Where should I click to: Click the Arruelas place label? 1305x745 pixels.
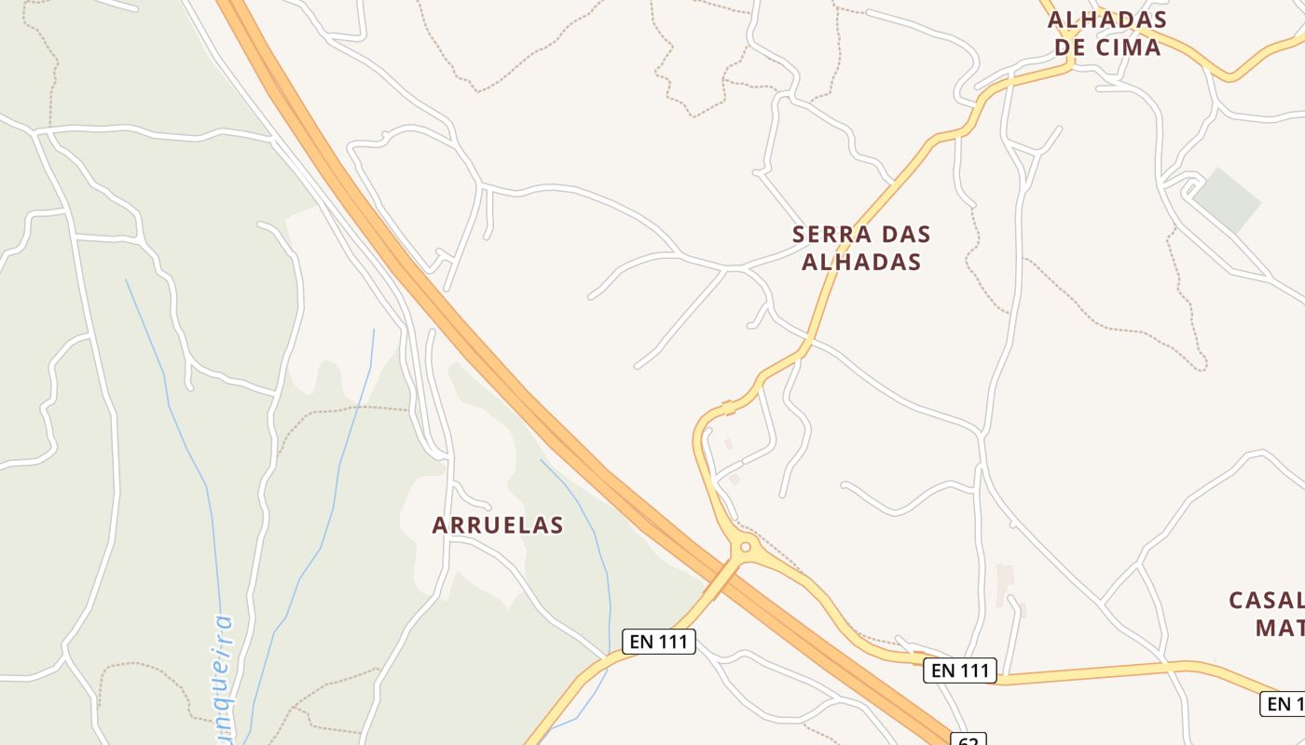click(498, 525)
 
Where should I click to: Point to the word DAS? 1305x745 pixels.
click(901, 234)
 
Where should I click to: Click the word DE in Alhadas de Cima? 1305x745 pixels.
click(1069, 47)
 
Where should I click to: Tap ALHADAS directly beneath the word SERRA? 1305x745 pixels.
click(861, 262)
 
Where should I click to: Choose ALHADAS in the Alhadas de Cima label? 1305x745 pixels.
click(1107, 20)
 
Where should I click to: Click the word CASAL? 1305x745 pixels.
click(1266, 600)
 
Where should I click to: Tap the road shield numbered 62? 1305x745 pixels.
click(968, 739)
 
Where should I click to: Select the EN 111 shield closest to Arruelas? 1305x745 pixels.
click(659, 641)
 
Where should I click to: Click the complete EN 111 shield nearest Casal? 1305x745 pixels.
click(960, 670)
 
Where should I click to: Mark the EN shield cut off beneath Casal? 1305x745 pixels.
click(1284, 703)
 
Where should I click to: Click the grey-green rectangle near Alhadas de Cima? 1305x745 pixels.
click(1227, 200)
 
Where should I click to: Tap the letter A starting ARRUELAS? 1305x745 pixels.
click(440, 525)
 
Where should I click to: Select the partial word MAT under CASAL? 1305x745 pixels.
click(1279, 628)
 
